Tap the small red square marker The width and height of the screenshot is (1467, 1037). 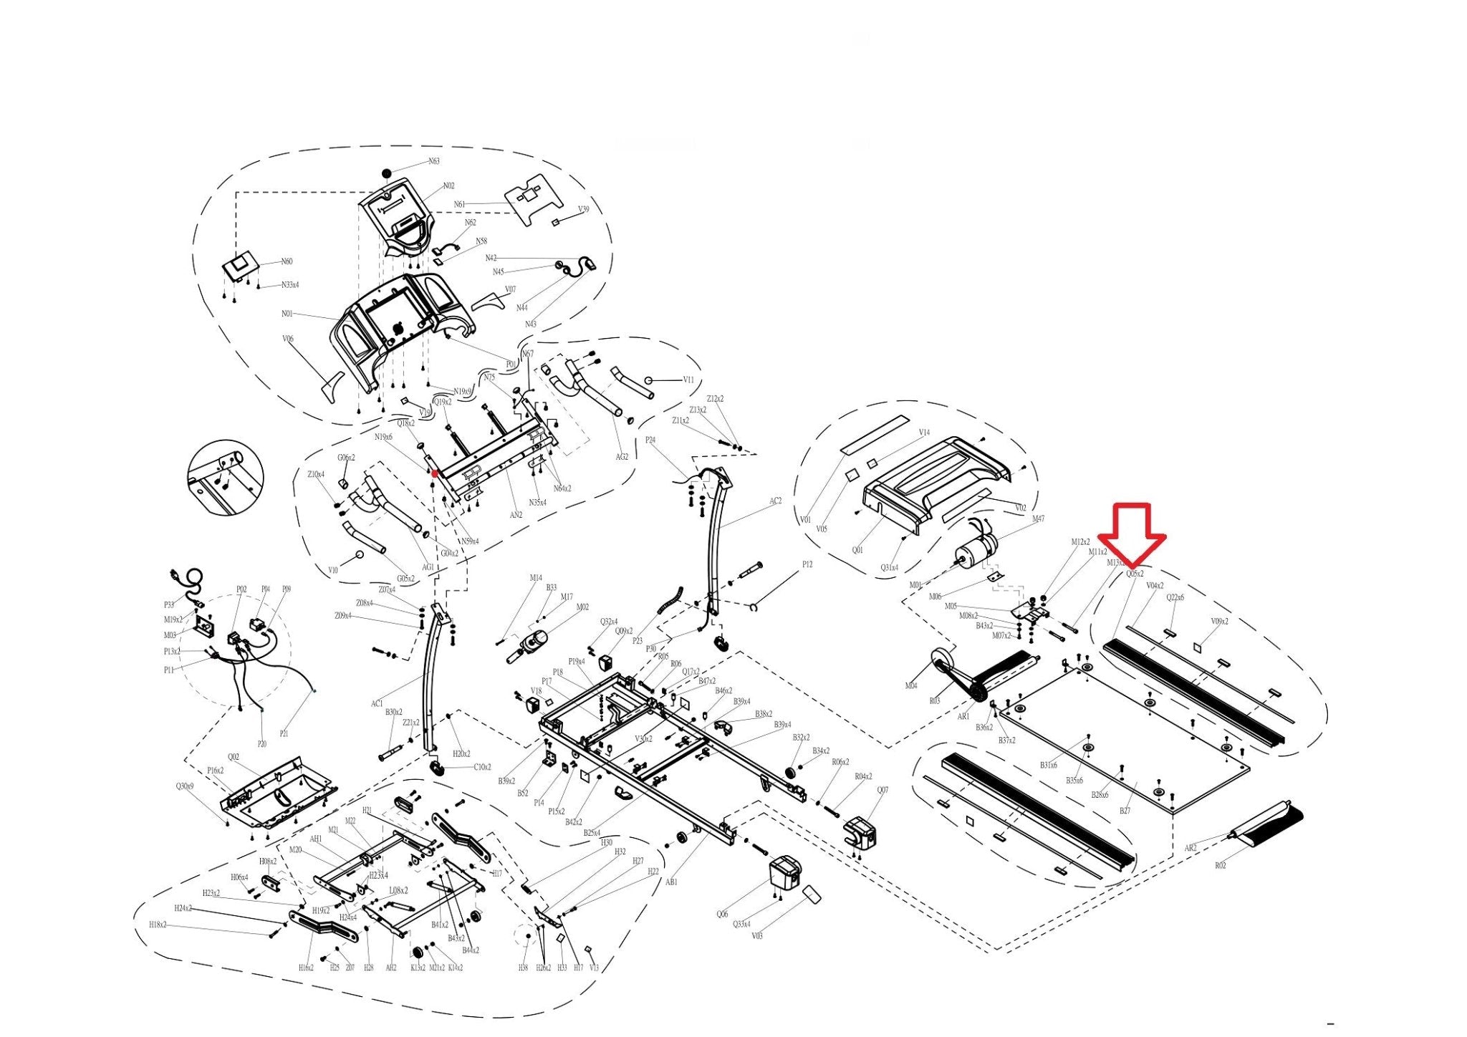pyautogui.click(x=435, y=473)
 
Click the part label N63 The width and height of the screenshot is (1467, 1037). pyautogui.click(x=434, y=161)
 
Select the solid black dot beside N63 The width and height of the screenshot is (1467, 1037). pyautogui.click(x=387, y=173)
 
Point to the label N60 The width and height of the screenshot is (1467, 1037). pyautogui.click(x=287, y=261)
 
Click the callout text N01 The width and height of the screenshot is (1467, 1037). pyautogui.click(x=287, y=314)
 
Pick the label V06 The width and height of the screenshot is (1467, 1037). pyautogui.click(x=288, y=339)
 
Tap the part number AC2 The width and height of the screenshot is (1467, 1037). pyautogui.click(x=775, y=501)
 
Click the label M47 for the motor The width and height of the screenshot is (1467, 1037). pyautogui.click(x=1038, y=519)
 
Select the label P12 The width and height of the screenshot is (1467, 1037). pyautogui.click(x=807, y=564)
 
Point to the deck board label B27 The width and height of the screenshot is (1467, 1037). pyautogui.click(x=1125, y=811)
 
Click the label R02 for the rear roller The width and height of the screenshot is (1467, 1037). pyautogui.click(x=1221, y=866)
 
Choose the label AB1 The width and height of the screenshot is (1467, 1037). pyautogui.click(x=671, y=882)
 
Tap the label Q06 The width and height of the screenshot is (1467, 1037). pyautogui.click(x=722, y=914)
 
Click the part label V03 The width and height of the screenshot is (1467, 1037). pyautogui.click(x=757, y=936)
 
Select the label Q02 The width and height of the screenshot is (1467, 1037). pyautogui.click(x=234, y=757)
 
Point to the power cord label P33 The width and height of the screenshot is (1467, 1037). pyautogui.click(x=169, y=605)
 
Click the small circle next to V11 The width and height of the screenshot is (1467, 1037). pyautogui.click(x=648, y=380)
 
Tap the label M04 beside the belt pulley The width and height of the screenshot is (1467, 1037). pyautogui.click(x=910, y=686)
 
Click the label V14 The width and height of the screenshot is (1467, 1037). pyautogui.click(x=924, y=433)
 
